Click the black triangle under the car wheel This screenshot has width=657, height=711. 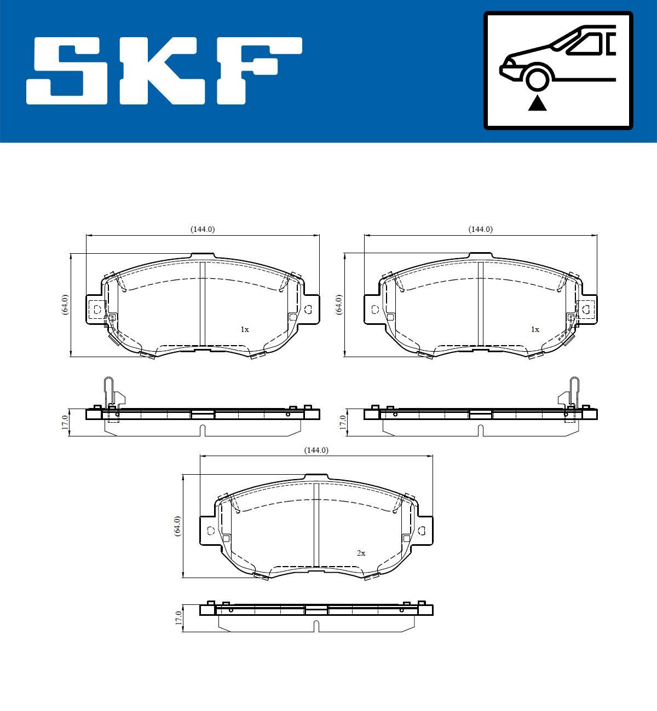coord(537,102)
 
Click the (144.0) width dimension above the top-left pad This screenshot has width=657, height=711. coord(202,230)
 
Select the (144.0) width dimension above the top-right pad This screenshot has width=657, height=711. coord(480,230)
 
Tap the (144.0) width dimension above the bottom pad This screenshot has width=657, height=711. coord(316,450)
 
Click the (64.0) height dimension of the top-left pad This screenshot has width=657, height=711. coord(65,304)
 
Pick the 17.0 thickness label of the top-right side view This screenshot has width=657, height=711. coord(343,422)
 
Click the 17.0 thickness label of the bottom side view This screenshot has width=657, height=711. coord(178,618)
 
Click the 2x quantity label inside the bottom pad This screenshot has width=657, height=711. coord(361,553)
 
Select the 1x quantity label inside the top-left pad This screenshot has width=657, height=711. coord(245,330)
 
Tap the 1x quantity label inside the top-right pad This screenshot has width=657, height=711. coord(535,330)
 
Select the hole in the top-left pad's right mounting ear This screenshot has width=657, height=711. coord(308,310)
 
